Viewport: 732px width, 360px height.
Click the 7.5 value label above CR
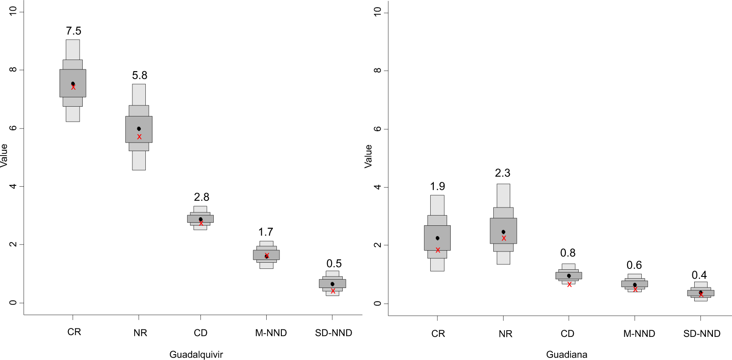(73, 31)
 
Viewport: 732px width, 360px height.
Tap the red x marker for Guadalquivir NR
(139, 137)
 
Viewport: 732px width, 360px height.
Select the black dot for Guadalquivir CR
(73, 84)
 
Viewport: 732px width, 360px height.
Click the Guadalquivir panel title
(196, 354)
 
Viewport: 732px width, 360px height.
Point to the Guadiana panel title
(567, 354)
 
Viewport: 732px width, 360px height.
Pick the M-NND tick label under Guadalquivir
(271, 333)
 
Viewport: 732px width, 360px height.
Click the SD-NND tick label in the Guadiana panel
(702, 334)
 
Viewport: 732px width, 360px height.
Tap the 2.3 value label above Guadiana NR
(503, 173)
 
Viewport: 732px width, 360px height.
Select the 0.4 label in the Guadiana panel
(699, 275)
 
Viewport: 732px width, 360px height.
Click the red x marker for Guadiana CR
(438, 250)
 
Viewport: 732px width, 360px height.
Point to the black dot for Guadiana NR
(503, 232)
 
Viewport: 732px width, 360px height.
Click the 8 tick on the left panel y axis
(13, 70)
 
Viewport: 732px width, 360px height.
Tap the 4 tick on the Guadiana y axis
(377, 187)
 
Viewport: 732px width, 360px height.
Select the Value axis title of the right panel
(368, 156)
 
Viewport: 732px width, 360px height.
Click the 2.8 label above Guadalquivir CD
(201, 197)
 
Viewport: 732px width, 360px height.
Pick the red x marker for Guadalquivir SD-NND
(333, 291)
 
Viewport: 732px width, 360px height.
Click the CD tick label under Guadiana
(568, 334)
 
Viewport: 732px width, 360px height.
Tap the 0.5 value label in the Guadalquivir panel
(334, 264)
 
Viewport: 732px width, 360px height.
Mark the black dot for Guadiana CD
(568, 276)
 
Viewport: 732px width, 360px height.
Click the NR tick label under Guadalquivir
(140, 333)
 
